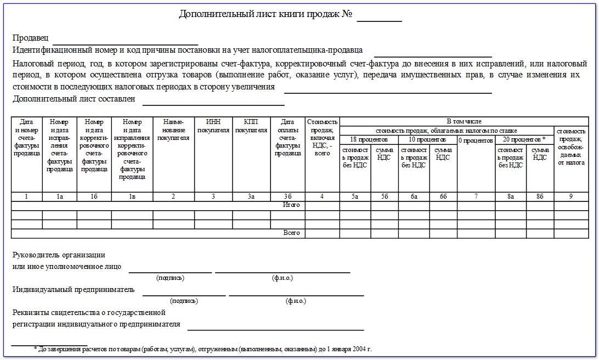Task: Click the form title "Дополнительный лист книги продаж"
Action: point(265,14)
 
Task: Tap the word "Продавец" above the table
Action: point(30,38)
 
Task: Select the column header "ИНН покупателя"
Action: point(213,126)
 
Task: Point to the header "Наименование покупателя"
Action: point(173,130)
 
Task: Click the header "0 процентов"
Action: point(476,140)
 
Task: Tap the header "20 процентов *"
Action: point(525,140)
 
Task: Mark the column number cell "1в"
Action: point(132,196)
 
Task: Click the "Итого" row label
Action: point(291,205)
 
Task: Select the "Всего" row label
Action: point(291,233)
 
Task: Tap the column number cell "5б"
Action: point(386,196)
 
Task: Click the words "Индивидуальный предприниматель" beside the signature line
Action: point(73,290)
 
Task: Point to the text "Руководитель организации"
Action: point(59,255)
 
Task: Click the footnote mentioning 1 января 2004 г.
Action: point(202,349)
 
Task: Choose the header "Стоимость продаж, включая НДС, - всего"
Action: point(323,137)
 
